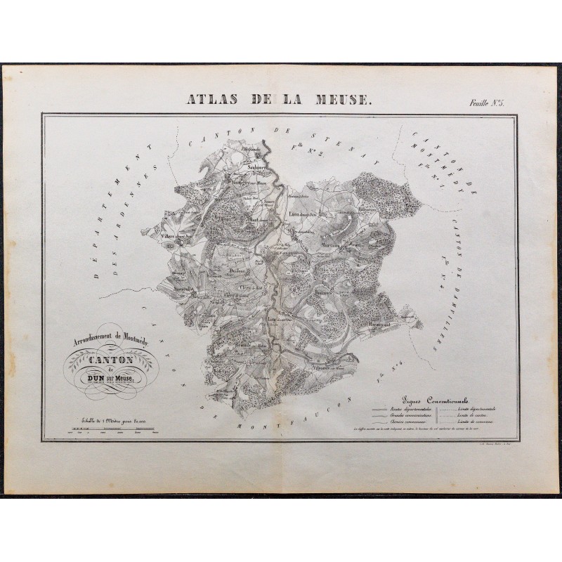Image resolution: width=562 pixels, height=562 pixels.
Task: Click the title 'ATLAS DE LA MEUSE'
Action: pos(280,98)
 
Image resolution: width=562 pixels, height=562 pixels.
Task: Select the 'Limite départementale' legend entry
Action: pos(482,409)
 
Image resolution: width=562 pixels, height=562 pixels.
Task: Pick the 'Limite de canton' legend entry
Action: pos(477,415)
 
